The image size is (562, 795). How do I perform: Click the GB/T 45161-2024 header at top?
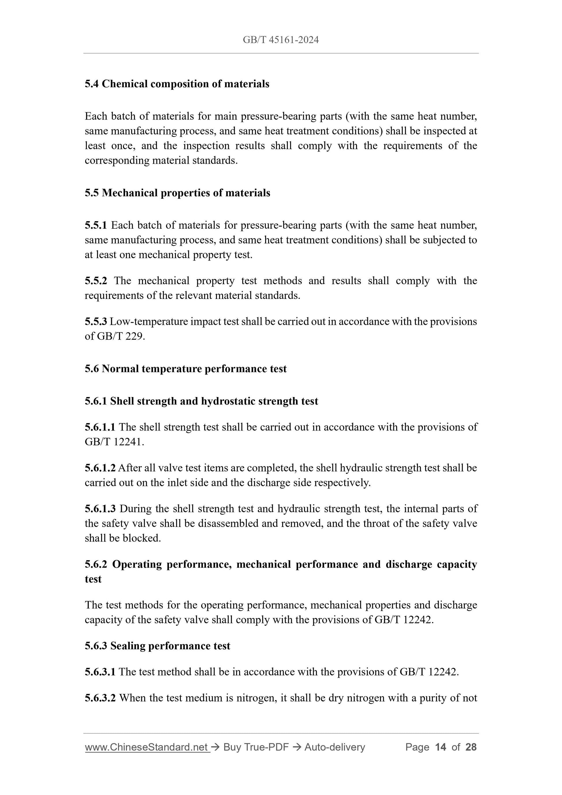pos(280,40)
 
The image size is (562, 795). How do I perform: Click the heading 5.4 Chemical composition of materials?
pos(177,84)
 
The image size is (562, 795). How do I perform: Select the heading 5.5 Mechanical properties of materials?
pos(177,193)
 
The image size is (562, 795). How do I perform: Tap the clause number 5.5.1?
pos(96,226)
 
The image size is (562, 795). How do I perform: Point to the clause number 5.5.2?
pos(96,280)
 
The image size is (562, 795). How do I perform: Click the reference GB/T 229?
pos(120,336)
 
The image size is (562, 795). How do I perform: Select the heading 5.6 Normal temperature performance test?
pos(186,369)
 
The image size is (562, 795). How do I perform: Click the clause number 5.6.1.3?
pos(100,509)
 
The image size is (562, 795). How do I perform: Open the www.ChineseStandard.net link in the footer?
pos(146,747)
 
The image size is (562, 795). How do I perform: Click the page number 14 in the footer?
pos(440,747)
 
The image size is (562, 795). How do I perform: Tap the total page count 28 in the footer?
pos(471,747)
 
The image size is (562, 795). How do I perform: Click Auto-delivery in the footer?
pos(334,747)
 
